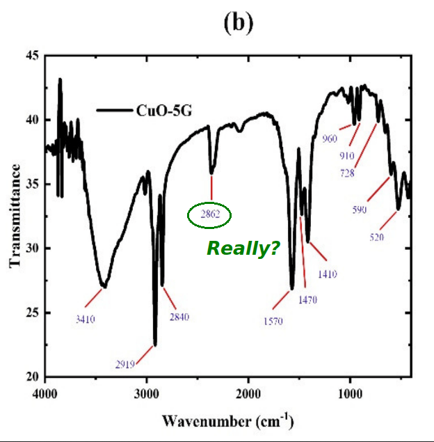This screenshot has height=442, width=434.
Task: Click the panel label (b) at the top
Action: coord(238,23)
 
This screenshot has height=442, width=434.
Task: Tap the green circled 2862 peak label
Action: coord(210,216)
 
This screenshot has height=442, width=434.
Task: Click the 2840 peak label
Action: coord(179,317)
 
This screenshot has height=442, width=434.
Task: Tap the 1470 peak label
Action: coord(307,300)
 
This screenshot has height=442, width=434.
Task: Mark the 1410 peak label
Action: coord(327,274)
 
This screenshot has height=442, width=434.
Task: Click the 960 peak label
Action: coord(330,139)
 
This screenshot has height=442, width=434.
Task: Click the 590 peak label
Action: coord(359,210)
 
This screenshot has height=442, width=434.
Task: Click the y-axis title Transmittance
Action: coord(15,216)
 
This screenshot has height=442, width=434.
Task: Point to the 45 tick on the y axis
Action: coord(32,56)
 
